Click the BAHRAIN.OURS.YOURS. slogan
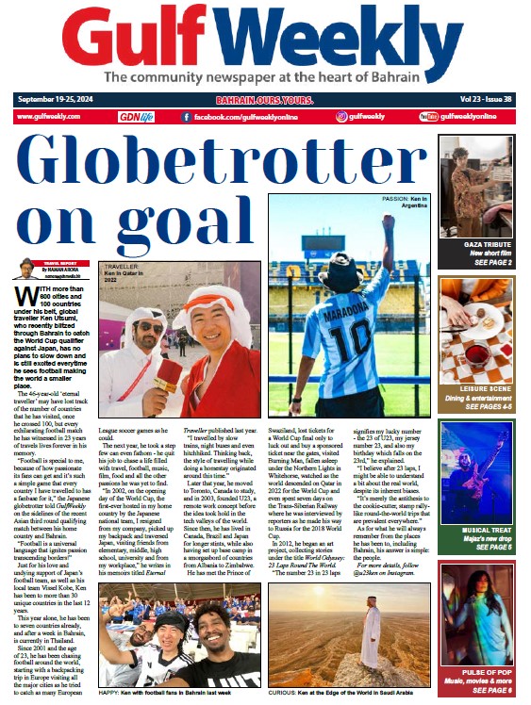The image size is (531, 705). click(266, 98)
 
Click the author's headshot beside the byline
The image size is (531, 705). click(25, 271)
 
